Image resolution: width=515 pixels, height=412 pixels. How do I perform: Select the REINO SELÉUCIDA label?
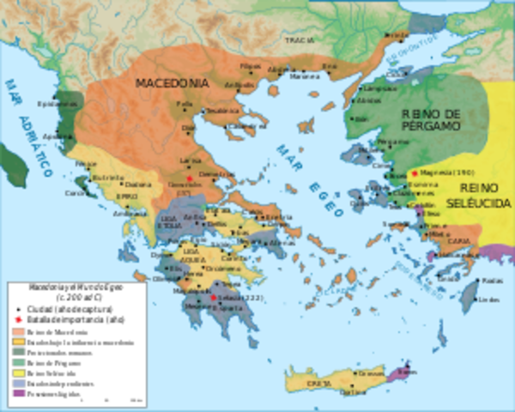tap(486, 195)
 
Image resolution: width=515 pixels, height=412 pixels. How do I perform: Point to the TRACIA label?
tap(300, 39)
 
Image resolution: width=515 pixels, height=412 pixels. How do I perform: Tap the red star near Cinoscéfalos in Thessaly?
tap(178, 178)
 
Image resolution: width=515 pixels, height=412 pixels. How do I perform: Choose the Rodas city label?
tap(490, 281)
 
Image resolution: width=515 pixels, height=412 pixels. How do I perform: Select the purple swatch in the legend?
tap(18, 395)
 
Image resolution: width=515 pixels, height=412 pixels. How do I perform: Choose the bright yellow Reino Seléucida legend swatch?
tap(18, 373)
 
